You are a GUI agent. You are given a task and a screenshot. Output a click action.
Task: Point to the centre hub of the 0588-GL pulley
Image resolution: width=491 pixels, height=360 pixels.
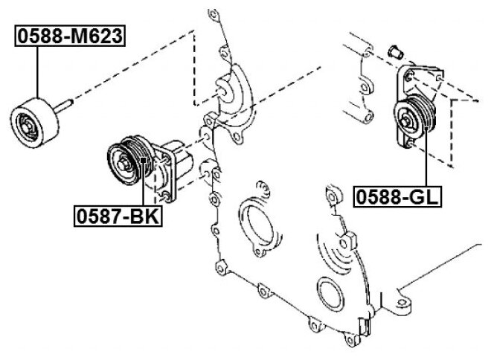(x=407, y=118)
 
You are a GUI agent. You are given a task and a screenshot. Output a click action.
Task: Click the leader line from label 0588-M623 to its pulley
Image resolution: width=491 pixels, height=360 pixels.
(x=35, y=71)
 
